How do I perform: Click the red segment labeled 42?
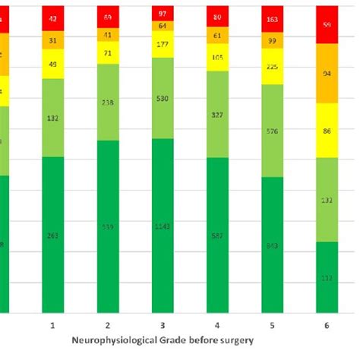pyautogui.click(x=53, y=17)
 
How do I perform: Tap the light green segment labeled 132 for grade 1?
pyautogui.click(x=53, y=118)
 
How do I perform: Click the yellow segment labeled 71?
pyautogui.click(x=108, y=55)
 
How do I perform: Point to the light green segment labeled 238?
pyautogui.click(x=108, y=103)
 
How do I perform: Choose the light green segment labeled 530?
pyautogui.click(x=163, y=99)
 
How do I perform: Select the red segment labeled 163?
pyautogui.click(x=272, y=17)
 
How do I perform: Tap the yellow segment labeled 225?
pyautogui.click(x=272, y=65)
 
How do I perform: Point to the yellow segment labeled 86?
pyautogui.click(x=327, y=131)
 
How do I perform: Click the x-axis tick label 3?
pyautogui.click(x=163, y=325)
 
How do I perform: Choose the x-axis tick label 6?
pyautogui.click(x=327, y=325)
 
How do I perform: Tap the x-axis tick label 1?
pyautogui.click(x=53, y=325)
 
